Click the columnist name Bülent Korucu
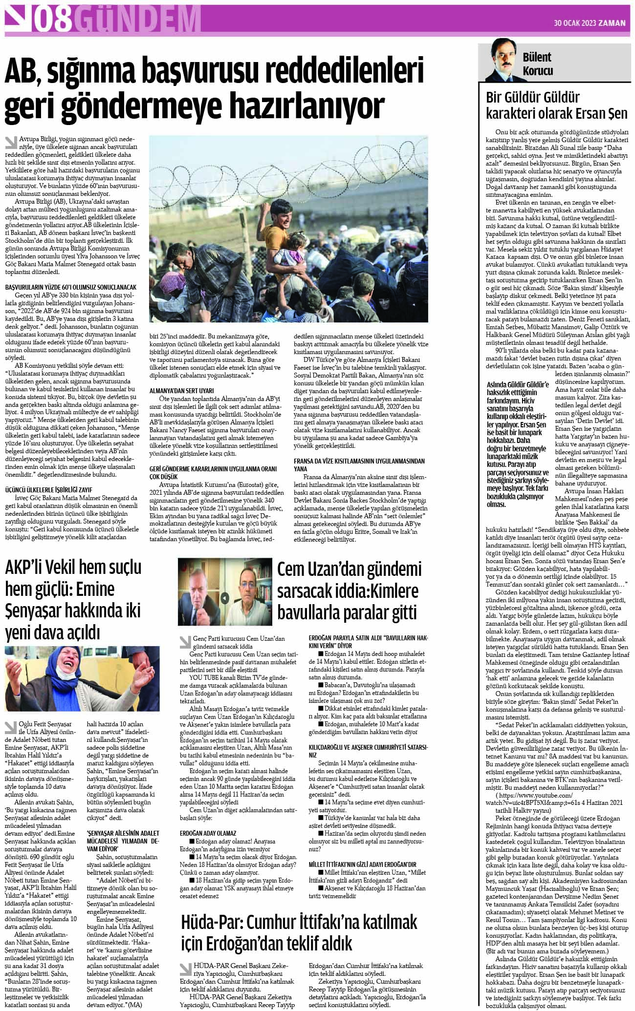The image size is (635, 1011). click(x=537, y=64)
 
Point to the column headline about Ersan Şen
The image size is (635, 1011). click(x=556, y=105)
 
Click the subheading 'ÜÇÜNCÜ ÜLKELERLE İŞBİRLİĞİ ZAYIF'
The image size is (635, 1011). click(x=49, y=489)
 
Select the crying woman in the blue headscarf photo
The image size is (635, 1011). click(x=82, y=678)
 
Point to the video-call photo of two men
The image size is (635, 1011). click(x=225, y=592)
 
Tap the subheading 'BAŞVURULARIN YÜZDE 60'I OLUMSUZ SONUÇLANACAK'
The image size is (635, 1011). click(x=71, y=288)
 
